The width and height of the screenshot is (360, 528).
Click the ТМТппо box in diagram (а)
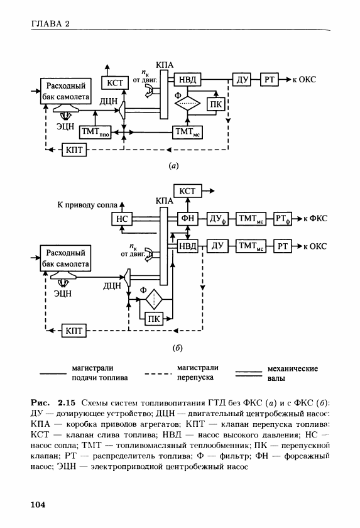tap(95, 132)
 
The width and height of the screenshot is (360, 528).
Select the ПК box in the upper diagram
tap(216, 104)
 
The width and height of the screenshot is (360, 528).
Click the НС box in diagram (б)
tap(122, 219)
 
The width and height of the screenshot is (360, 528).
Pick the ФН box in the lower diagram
tap(187, 219)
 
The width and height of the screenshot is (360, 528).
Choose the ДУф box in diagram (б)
tap(217, 219)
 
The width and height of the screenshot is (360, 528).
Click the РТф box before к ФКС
tap(283, 219)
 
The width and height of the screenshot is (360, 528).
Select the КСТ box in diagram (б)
tap(187, 191)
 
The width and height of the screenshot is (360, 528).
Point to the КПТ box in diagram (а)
tap(74, 150)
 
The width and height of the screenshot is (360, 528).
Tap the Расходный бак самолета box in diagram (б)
tap(65, 258)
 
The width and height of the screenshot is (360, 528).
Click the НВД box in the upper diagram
tap(187, 80)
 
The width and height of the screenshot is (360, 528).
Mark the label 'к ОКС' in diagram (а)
tap(305, 80)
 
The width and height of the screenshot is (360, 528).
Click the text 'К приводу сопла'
tap(87, 205)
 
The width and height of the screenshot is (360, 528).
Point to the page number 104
tap(38, 504)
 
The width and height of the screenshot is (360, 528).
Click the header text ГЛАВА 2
tap(50, 24)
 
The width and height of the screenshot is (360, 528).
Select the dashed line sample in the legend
tap(158, 374)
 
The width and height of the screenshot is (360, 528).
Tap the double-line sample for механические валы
tap(249, 373)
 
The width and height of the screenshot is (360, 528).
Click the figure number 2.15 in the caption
tap(67, 403)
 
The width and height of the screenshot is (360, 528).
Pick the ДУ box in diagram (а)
tap(242, 80)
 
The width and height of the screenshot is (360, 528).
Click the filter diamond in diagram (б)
tap(154, 299)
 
